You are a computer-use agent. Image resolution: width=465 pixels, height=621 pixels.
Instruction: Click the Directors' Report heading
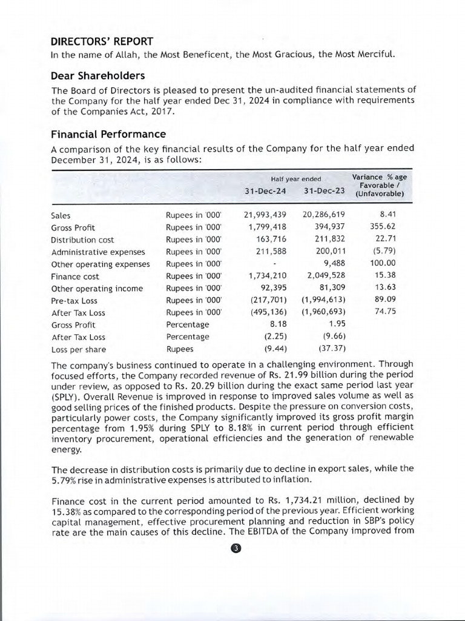click(x=102, y=41)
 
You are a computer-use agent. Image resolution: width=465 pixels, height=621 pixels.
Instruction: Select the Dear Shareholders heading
click(x=97, y=76)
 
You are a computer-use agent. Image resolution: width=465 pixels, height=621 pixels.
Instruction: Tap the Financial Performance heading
click(x=108, y=134)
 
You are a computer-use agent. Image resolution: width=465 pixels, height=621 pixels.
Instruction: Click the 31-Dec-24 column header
click(x=265, y=191)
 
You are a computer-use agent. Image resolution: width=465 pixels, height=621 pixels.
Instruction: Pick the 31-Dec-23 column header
click(x=324, y=191)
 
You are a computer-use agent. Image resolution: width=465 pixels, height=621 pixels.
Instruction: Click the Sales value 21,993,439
click(x=265, y=215)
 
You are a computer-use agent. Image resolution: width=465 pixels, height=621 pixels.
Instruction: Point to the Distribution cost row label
click(x=82, y=240)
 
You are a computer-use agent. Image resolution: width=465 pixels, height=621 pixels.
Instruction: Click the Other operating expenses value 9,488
click(x=334, y=264)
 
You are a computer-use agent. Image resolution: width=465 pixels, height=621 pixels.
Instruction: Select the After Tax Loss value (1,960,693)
click(x=324, y=313)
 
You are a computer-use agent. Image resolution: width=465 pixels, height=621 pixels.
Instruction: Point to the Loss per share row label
click(x=78, y=349)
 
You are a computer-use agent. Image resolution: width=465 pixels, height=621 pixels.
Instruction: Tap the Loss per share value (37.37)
click(x=331, y=349)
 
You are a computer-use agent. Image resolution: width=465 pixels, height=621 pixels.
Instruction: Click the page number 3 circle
click(x=236, y=549)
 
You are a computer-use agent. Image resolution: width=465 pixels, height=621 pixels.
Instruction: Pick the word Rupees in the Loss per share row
click(x=180, y=349)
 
